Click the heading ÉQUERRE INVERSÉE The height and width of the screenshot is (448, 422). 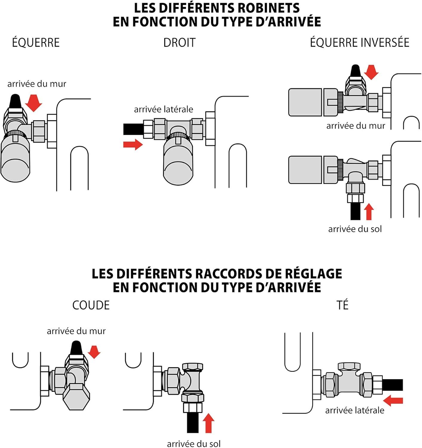[359, 42]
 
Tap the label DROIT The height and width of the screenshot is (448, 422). [179, 43]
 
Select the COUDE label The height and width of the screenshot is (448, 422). [91, 305]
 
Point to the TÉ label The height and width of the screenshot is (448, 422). [343, 305]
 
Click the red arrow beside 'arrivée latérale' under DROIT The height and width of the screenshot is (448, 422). [133, 145]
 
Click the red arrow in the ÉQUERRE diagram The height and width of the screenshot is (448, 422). [34, 103]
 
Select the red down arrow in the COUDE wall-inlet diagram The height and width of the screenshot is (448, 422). [94, 352]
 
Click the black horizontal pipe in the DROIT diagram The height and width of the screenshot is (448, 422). [133, 129]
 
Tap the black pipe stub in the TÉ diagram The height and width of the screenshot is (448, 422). [392, 385]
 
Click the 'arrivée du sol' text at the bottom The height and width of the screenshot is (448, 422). [194, 444]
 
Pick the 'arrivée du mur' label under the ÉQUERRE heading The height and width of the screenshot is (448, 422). [37, 84]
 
